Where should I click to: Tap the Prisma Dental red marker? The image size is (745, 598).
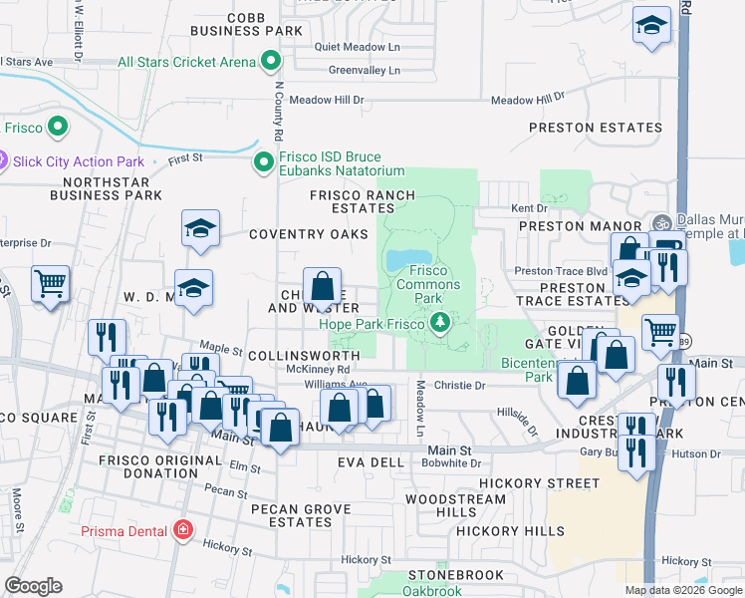(182, 529)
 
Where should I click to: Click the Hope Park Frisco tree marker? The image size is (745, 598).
(439, 323)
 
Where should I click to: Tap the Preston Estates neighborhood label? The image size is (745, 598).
(596, 128)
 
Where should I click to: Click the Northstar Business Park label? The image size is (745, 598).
(112, 188)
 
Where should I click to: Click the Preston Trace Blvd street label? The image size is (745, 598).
(560, 271)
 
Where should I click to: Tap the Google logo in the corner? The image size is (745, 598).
(33, 586)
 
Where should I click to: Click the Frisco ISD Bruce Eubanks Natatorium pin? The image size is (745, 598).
(263, 161)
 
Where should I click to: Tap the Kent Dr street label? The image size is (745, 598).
(529, 208)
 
